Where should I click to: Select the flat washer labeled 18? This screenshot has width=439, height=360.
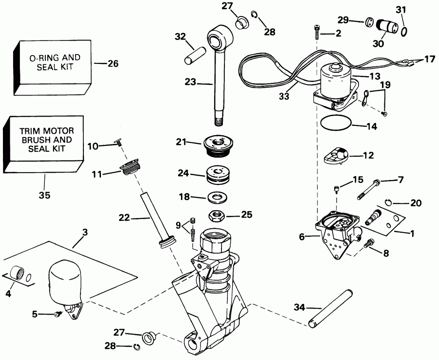[215, 198]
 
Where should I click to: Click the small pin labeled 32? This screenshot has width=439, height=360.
[195, 53]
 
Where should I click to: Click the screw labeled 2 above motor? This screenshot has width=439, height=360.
[317, 32]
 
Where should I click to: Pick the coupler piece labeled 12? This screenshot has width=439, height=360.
[336, 157]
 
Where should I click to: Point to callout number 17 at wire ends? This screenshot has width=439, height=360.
[428, 60]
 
